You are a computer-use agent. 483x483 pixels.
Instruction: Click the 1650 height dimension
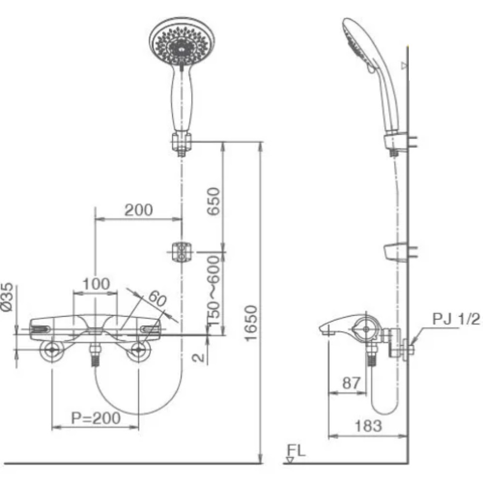(251, 323)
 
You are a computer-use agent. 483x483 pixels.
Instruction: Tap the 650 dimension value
(214, 201)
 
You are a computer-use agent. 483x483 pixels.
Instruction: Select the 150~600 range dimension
(214, 290)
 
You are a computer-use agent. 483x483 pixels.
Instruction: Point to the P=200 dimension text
(96, 418)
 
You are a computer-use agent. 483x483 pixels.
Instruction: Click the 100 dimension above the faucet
(96, 284)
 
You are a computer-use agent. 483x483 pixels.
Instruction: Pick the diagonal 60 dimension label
(157, 299)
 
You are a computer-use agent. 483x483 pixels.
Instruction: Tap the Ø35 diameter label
(8, 297)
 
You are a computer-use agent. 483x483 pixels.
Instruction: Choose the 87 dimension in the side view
(351, 383)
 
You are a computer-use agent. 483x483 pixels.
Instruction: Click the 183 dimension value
(368, 426)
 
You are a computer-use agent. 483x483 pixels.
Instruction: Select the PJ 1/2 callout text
(456, 319)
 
